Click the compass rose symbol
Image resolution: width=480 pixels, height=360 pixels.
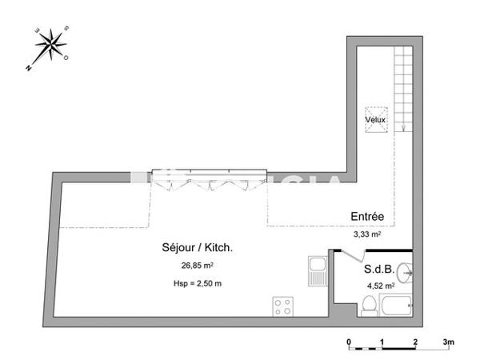coord(50,46)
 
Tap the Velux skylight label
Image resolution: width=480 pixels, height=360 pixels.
coord(375,120)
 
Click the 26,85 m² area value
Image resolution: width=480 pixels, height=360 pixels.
coord(196,265)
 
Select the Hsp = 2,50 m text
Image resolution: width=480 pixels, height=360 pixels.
coord(197,283)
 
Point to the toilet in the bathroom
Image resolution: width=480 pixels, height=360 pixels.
coord(370,305)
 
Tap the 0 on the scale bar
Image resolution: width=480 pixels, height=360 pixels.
coord(349,342)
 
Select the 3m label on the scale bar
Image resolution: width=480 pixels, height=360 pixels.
coord(449,342)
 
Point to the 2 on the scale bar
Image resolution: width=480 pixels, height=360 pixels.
coord(415,342)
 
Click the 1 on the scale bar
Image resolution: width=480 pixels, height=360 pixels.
coord(382,342)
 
